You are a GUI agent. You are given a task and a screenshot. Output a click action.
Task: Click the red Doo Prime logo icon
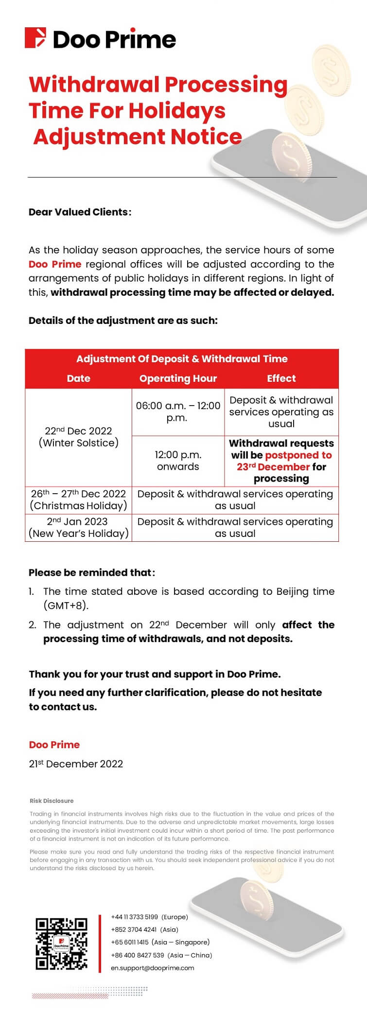click(x=35, y=38)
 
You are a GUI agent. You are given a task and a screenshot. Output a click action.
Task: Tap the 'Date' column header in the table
click(x=78, y=378)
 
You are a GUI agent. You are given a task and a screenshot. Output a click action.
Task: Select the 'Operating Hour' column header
click(x=178, y=378)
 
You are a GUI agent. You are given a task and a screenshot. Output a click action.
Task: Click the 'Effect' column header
click(x=281, y=378)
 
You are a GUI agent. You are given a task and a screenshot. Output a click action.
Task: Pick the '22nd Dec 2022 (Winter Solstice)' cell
click(x=78, y=437)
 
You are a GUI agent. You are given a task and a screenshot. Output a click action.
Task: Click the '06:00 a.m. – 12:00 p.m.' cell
click(x=178, y=411)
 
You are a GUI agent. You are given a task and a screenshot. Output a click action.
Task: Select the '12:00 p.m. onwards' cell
click(x=178, y=461)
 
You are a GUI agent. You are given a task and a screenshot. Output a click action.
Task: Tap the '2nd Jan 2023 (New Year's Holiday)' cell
click(x=78, y=527)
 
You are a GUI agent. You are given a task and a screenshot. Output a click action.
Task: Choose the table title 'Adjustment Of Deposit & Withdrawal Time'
click(x=182, y=359)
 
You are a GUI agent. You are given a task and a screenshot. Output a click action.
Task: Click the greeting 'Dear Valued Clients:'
click(x=80, y=212)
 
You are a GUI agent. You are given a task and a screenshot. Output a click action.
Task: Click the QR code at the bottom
click(x=61, y=944)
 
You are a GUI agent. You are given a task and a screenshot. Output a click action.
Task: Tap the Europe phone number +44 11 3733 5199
click(x=135, y=917)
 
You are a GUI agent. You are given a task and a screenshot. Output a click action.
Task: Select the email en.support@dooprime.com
click(x=152, y=968)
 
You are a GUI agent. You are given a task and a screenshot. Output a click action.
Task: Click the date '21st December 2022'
click(x=76, y=764)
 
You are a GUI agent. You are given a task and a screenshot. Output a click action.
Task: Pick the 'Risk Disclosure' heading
click(x=52, y=801)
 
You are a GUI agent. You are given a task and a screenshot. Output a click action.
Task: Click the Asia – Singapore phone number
click(x=130, y=942)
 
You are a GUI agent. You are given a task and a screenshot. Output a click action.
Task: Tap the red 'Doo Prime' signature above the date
click(x=54, y=745)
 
